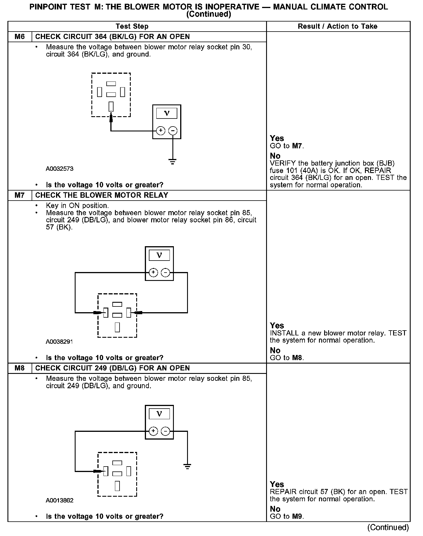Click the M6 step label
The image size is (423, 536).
pos(20,37)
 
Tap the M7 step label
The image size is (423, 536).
pos(20,195)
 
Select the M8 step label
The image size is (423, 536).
pos(20,368)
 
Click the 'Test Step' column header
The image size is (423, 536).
pos(132,26)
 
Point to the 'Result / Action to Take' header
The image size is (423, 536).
pos(337,26)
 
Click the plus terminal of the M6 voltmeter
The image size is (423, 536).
pos(161,131)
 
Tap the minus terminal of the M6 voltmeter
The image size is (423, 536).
pos(173,131)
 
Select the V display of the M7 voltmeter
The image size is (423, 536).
pos(159,255)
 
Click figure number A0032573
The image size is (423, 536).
pos(59,169)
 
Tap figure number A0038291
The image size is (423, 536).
pos(59,342)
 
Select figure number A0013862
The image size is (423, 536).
pos(59,500)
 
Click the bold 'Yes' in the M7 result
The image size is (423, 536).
pos(277,326)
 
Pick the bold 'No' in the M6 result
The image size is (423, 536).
pos(275,156)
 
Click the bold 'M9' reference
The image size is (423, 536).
pos(297,516)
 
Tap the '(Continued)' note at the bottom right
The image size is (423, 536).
pos(388,527)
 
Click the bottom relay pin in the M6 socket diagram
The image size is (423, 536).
pos(111,106)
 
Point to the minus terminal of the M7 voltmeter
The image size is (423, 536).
pos(165,272)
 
